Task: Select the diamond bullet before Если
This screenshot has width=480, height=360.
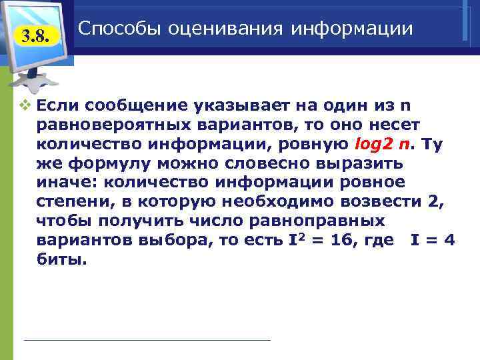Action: (x=26, y=105)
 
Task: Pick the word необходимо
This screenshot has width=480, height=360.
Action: (x=277, y=202)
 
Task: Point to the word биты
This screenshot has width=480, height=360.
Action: (x=62, y=260)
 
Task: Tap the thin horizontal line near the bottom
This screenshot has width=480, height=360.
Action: (x=147, y=341)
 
